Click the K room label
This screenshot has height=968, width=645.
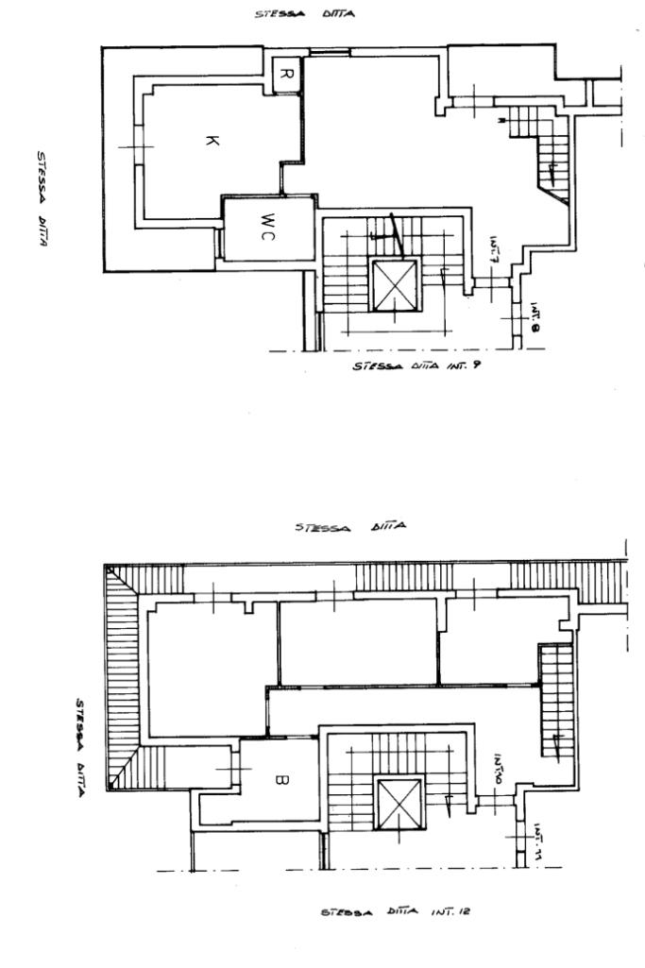211,141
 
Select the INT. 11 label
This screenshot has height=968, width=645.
535,833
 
